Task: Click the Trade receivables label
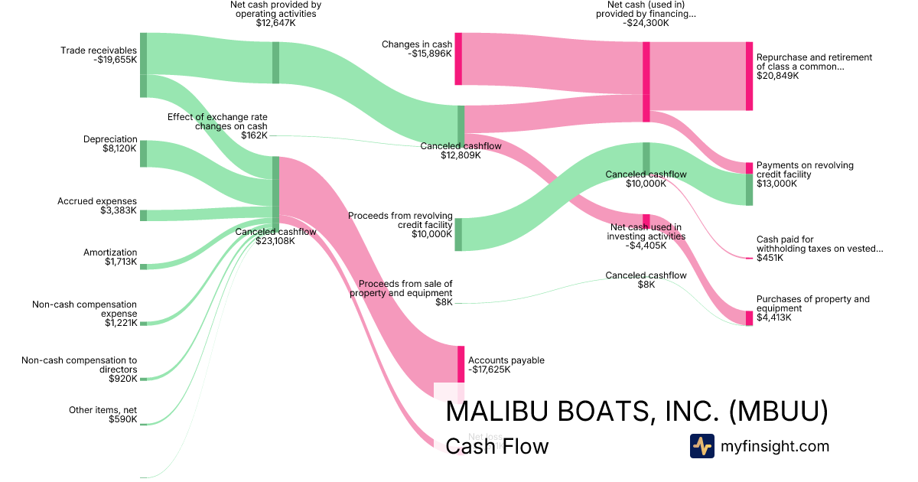[x=99, y=55]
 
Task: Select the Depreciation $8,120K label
[x=110, y=144]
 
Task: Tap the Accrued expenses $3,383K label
[x=97, y=206]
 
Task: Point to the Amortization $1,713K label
[x=110, y=257]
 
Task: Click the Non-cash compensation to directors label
[x=80, y=369]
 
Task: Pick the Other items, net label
[x=103, y=415]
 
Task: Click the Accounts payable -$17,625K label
[x=506, y=365]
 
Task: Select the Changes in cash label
[x=417, y=49]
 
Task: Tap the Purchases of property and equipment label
[x=812, y=308]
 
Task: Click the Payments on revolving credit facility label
[x=805, y=174]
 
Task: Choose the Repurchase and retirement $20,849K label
[x=814, y=67]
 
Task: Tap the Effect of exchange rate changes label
[x=217, y=126]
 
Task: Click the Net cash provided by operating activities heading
[x=275, y=14]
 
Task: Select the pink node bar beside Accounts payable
[x=461, y=364]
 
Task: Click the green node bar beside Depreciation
[x=143, y=154]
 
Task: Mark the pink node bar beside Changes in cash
[x=458, y=59]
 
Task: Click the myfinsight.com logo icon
[x=702, y=446]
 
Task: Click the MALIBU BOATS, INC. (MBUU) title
[x=636, y=412]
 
